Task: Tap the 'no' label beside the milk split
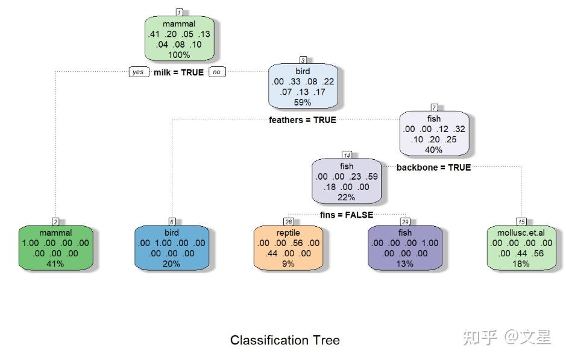click(x=217, y=72)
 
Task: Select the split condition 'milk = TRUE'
click(x=178, y=72)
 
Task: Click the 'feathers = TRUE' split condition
click(x=303, y=120)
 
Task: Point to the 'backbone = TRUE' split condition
click(x=433, y=167)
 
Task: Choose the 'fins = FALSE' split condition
click(x=347, y=215)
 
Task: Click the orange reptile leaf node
click(x=288, y=248)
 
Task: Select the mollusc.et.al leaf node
click(x=521, y=248)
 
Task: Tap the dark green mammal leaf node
click(x=55, y=248)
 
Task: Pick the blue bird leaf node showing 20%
click(x=172, y=248)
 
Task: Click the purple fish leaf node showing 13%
click(x=405, y=248)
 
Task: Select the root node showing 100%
click(x=180, y=39)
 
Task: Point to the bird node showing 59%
click(x=303, y=86)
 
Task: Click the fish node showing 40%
click(x=434, y=134)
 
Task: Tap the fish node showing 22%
click(x=347, y=182)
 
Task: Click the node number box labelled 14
click(x=347, y=155)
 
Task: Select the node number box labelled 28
click(x=288, y=222)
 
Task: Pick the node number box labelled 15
click(x=521, y=222)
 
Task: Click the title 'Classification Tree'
click(x=285, y=340)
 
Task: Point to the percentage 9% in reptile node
click(x=288, y=264)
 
